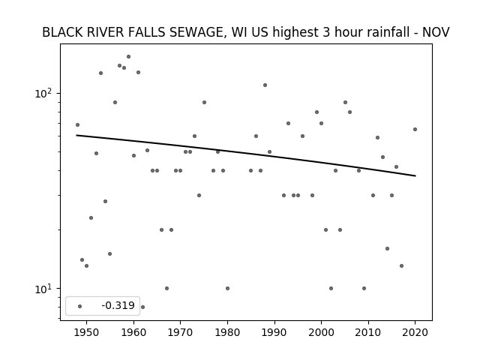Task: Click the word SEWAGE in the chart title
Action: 196,32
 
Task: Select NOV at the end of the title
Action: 436,32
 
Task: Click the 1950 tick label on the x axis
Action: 87,332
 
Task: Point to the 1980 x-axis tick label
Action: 227,332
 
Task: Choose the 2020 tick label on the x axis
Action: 415,332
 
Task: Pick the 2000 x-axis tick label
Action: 321,332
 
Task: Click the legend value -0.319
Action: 118,305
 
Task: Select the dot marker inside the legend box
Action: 80,306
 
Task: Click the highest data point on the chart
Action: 128,57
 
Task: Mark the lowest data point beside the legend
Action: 142,307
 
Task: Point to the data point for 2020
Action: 415,130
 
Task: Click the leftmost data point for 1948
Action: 77,125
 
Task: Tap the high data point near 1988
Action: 265,85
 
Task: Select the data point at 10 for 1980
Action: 227,288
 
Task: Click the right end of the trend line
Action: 415,175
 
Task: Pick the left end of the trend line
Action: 76,135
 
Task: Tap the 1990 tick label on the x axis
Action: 274,332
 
